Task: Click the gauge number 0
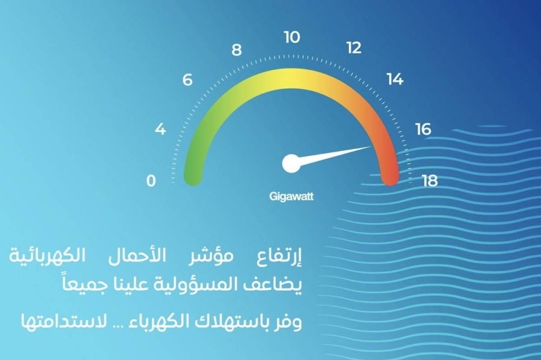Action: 151,181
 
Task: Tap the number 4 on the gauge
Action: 160,129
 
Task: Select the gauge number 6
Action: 187,80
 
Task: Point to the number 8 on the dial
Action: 236,50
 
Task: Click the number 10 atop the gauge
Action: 292,37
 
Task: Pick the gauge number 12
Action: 354,48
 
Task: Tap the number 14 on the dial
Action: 395,79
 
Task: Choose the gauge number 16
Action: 424,129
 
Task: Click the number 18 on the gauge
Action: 430,181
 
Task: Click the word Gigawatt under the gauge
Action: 292,197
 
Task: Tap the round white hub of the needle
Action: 292,163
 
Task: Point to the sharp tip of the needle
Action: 371,146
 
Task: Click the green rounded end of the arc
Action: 194,177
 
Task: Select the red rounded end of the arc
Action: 390,177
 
